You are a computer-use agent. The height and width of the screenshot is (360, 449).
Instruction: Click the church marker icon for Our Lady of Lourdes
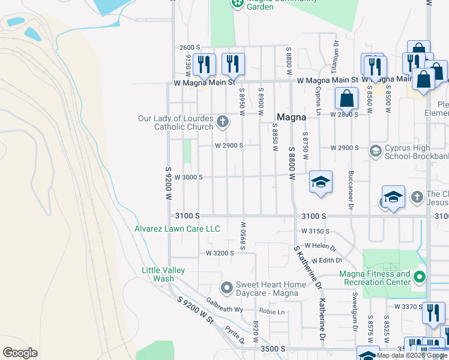coord(223,122)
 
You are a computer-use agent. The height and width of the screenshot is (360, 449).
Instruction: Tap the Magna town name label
coord(291,118)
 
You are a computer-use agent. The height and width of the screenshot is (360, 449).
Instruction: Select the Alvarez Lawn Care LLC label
coord(177,229)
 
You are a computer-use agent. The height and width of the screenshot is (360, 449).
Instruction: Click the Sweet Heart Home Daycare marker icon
coord(226,288)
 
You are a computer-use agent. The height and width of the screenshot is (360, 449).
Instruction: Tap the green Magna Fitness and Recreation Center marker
coord(420,277)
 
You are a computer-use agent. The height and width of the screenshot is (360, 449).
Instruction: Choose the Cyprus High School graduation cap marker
coord(376,151)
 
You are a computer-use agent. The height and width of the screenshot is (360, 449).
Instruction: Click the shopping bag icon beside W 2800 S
coord(346,98)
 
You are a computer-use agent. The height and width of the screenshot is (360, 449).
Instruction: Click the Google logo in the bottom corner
coord(20,352)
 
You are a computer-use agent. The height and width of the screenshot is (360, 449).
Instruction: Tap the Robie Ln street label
coord(272,311)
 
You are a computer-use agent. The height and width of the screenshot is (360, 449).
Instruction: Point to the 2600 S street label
coord(189,47)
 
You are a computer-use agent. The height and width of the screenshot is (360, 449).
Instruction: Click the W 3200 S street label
coord(220,253)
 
